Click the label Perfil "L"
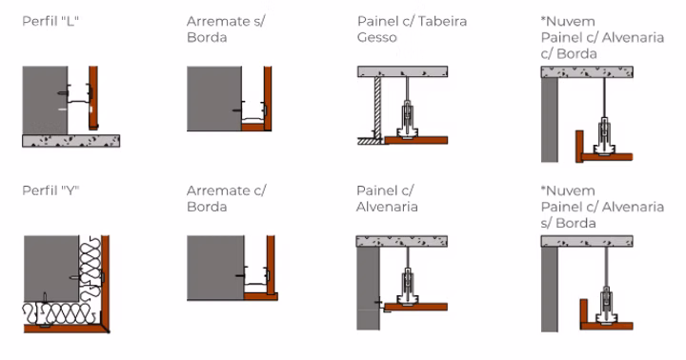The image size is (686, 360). (x=50, y=21)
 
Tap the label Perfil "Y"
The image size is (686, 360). (x=50, y=190)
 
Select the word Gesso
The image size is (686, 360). (x=376, y=37)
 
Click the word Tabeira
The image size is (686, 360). (x=442, y=21)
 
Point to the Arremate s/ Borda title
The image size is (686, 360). (x=226, y=30)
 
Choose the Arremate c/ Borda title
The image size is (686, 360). (x=226, y=199)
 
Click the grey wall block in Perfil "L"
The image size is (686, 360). (x=45, y=100)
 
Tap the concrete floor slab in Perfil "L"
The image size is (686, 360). (x=71, y=141)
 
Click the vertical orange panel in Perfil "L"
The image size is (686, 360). (x=93, y=98)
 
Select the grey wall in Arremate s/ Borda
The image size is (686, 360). (x=214, y=98)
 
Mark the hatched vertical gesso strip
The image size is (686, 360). (x=377, y=108)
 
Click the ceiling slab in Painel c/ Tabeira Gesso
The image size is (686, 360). (x=402, y=71)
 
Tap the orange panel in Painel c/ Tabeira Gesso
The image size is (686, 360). (x=416, y=140)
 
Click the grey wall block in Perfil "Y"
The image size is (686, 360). (x=51, y=269)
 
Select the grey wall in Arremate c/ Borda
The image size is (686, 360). (x=215, y=268)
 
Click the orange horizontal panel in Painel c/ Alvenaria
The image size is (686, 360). (x=415, y=307)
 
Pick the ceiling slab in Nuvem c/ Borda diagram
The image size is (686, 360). (x=587, y=72)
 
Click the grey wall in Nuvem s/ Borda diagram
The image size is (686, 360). (x=550, y=290)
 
